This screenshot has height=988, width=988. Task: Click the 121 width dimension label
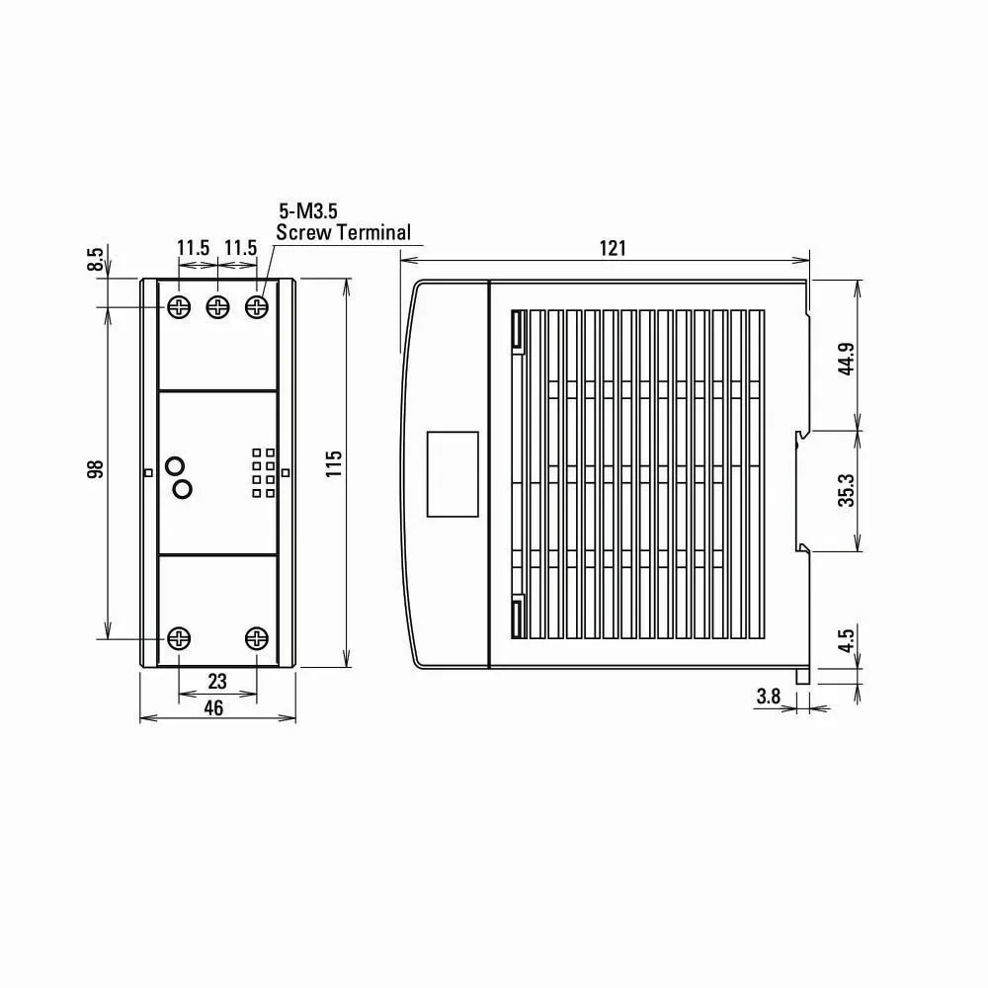coord(613,248)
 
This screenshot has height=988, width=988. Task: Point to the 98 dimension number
coord(96,469)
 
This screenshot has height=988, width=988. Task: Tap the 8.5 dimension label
coord(96,259)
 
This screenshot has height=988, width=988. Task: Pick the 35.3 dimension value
coord(846,490)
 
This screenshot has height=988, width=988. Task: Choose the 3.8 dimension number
coord(768,697)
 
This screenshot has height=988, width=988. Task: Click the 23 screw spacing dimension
coord(217,681)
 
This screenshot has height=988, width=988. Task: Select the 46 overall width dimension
coord(213,707)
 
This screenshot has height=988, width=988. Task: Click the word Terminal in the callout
coord(373,233)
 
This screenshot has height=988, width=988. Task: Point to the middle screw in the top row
coord(217,307)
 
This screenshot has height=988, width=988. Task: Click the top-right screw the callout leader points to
coord(257,307)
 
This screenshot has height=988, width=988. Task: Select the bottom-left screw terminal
coord(179,638)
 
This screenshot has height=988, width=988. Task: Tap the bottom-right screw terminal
coord(257,638)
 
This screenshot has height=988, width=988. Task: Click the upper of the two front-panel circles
coord(176,465)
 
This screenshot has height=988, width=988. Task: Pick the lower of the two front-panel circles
coord(182,488)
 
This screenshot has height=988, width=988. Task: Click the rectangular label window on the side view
coord(452,473)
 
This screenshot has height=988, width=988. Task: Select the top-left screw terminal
coord(179,307)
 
